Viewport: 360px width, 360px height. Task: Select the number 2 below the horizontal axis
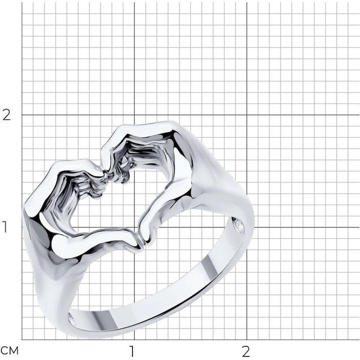[246, 351]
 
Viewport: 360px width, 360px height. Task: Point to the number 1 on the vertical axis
[5, 227]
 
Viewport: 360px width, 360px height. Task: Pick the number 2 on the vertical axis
[6, 115]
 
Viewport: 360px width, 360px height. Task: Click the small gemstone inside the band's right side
[238, 225]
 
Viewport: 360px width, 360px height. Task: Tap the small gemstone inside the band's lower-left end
[72, 319]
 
